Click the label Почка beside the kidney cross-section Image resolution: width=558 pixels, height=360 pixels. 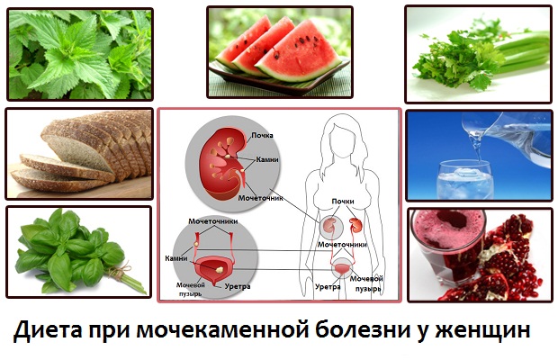pyautogui.click(x=263, y=135)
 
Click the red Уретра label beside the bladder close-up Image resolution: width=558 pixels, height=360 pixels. pyautogui.click(x=238, y=287)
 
